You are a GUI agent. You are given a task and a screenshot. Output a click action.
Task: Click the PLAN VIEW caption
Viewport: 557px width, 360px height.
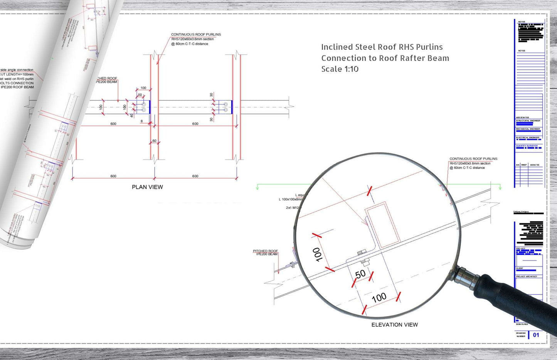(x=147, y=187)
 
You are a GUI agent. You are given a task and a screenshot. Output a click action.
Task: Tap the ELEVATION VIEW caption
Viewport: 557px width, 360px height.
(x=394, y=325)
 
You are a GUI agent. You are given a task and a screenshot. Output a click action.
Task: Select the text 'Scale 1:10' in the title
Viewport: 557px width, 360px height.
(x=340, y=69)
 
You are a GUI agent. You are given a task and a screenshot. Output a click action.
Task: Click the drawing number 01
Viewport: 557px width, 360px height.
(x=536, y=335)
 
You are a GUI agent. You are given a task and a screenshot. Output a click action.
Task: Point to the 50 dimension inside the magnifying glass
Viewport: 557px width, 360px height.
(x=360, y=274)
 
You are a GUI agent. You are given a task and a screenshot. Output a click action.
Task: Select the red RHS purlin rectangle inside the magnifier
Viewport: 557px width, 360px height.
(x=382, y=225)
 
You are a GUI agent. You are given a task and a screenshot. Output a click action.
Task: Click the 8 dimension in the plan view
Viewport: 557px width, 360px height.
(x=141, y=121)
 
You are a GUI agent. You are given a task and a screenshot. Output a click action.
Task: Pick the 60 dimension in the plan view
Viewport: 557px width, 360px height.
(x=154, y=141)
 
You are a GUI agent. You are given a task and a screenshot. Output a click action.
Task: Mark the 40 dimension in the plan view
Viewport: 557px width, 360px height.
(x=131, y=115)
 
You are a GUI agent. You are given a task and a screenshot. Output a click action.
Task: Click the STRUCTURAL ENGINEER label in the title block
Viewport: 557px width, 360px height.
(x=528, y=121)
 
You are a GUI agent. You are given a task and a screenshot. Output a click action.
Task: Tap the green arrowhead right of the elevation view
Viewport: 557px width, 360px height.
(x=500, y=187)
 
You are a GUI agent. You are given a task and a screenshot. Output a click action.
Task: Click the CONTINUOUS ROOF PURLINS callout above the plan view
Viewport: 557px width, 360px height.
(x=196, y=34)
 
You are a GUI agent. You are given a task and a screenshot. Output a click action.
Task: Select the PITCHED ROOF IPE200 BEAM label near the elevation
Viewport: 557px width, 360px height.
(x=265, y=252)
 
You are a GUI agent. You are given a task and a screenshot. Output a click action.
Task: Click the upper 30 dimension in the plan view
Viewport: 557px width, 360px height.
(x=211, y=95)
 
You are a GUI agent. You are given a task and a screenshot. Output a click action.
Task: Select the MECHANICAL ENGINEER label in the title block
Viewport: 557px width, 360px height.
(x=528, y=129)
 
